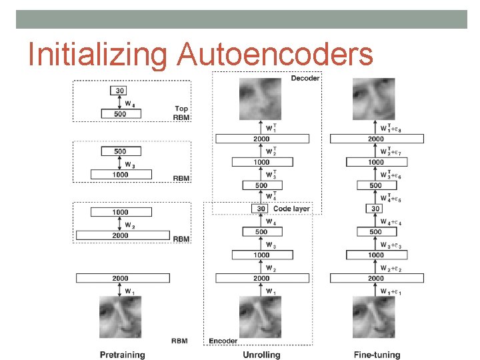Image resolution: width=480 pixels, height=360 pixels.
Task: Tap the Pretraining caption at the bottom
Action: pos(122,354)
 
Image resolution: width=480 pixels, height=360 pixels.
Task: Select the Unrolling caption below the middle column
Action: pos(261,354)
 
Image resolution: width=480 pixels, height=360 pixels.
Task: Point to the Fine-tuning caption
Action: pos(377,354)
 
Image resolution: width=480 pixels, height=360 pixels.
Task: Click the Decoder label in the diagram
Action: pos(305,79)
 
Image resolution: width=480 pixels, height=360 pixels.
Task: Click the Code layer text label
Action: pos(291,209)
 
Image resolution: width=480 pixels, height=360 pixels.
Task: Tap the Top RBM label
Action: pos(181,113)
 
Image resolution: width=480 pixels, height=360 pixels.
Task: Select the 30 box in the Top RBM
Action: pos(121,91)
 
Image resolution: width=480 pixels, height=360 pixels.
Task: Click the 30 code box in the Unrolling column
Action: pos(261,209)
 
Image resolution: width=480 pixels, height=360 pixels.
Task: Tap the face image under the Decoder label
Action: pos(261,98)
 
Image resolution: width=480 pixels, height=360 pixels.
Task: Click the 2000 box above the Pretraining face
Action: pos(120,278)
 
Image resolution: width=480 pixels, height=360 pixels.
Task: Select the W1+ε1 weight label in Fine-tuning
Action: pos(393,292)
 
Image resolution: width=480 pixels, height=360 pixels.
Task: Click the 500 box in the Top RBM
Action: pos(121,114)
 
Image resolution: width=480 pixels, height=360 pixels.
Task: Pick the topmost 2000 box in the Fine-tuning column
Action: pos(377,139)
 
